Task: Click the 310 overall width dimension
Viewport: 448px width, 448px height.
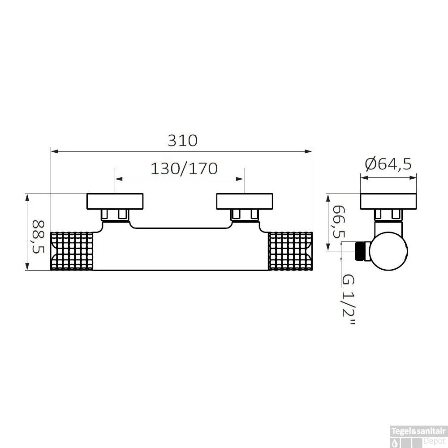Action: [182, 141]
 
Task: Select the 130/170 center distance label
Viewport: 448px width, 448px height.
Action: [183, 168]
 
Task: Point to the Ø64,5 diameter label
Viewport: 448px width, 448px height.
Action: [388, 164]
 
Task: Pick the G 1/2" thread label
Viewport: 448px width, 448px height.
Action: [347, 300]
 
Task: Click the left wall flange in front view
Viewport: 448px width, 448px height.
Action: [115, 201]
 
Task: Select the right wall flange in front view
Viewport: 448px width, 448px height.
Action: [244, 201]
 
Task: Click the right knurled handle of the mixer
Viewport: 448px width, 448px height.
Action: [290, 251]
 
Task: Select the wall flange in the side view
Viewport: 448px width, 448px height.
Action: [388, 201]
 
